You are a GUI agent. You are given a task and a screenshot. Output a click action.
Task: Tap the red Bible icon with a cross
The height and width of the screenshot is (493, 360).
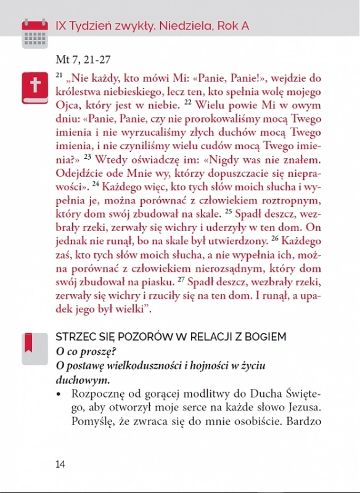click(35, 88)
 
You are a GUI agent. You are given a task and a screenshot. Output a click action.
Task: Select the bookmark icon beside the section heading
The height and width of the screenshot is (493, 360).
click(30, 344)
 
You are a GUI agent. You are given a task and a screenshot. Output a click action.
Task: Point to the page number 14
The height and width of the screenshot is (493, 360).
click(60, 463)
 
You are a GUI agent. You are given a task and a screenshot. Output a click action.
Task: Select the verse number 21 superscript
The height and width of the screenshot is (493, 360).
click(59, 75)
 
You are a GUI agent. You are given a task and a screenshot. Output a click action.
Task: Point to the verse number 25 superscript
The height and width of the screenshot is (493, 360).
click(227, 211)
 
